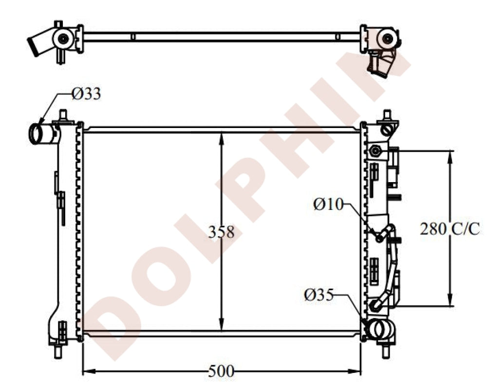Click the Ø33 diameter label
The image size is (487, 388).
(86, 93)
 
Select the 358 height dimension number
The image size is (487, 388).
(222, 232)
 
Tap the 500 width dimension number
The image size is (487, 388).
(221, 371)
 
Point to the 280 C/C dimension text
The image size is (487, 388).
(450, 228)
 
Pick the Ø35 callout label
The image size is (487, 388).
(319, 295)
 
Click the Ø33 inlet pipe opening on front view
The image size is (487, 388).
(37, 134)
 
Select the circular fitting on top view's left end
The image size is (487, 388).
(63, 37)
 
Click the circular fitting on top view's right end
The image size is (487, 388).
(387, 38)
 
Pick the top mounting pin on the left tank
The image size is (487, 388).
(63, 116)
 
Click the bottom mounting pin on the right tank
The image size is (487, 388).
(387, 350)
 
